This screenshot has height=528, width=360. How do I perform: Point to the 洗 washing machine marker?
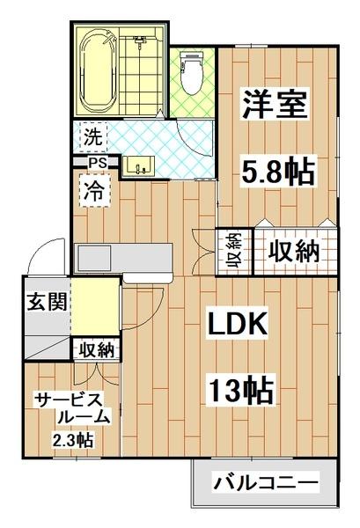(92, 136)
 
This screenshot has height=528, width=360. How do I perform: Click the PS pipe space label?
(97, 163)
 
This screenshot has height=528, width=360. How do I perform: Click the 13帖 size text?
(239, 387)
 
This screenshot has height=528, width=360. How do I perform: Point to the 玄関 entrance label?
(43, 304)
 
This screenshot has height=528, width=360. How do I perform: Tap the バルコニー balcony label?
(265, 482)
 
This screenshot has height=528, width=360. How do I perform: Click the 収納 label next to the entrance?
(95, 350)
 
